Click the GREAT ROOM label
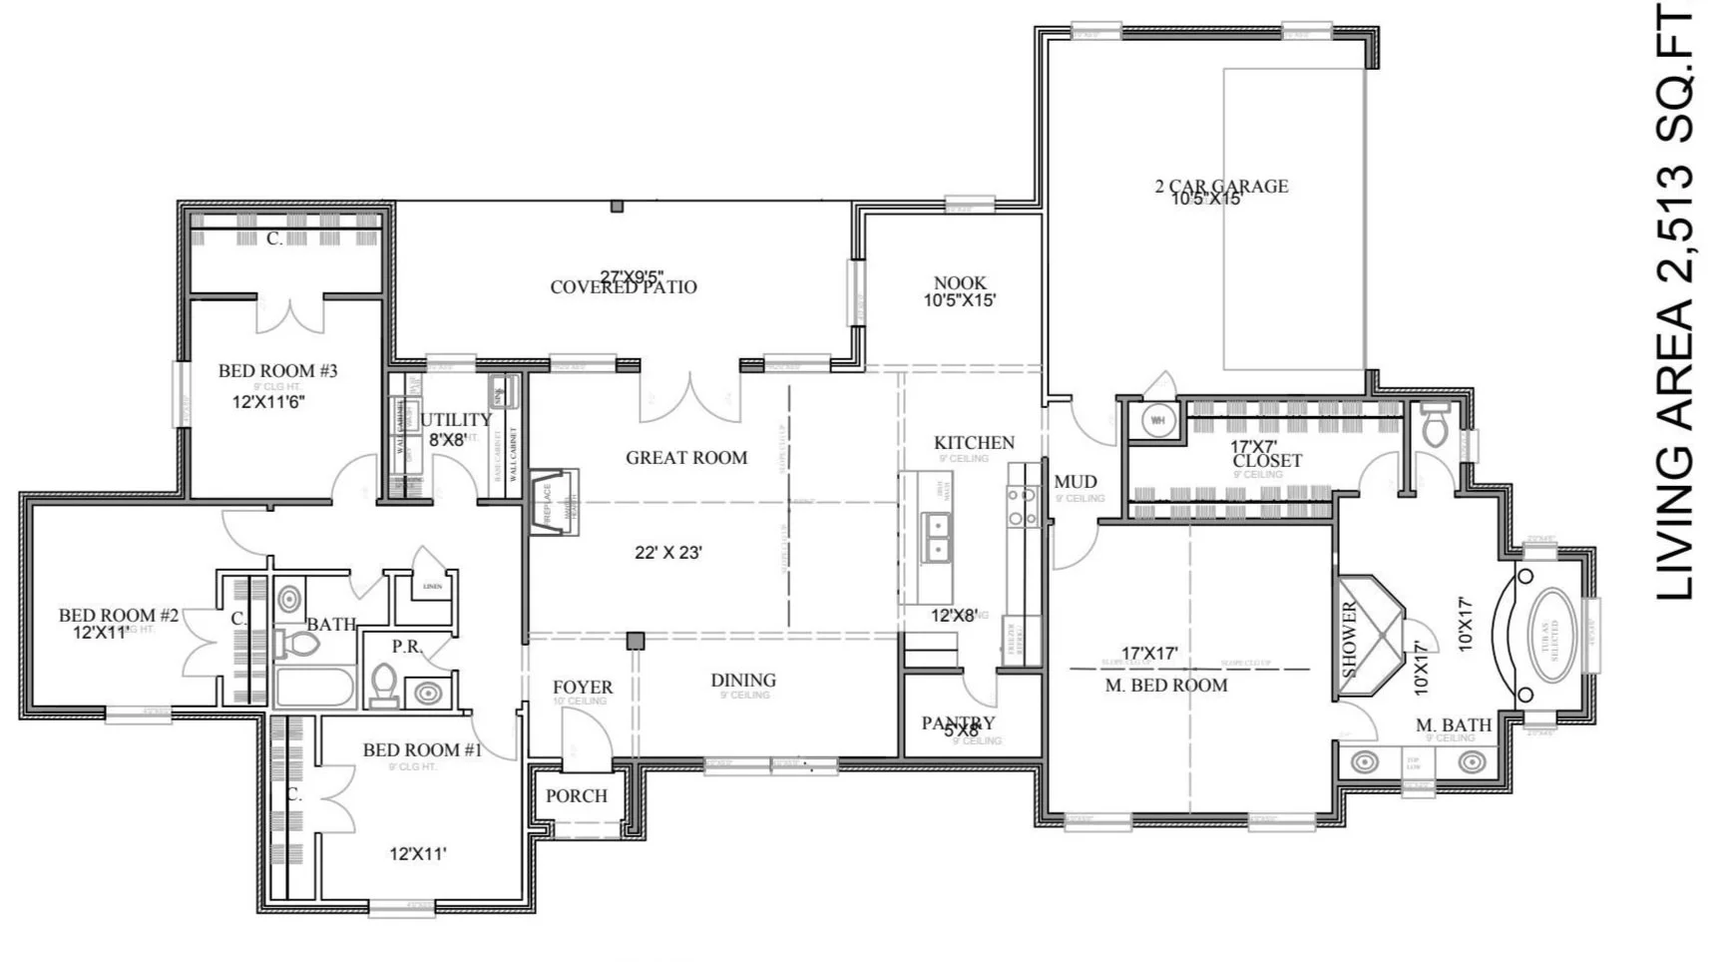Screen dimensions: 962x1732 686,458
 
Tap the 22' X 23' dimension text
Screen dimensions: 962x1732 668,552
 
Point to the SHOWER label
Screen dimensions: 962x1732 1350,640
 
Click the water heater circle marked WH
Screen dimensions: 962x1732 1157,420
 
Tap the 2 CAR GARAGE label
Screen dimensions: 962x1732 1221,186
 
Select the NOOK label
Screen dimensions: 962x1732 960,283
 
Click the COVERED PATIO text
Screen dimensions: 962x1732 624,287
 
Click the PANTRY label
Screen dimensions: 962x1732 958,722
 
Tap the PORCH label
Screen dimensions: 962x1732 576,796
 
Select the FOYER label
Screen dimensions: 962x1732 583,687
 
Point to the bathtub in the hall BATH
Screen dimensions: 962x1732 313,689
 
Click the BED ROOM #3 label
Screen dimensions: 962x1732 277,371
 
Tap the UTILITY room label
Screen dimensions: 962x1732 455,420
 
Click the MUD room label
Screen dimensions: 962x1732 1075,482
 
